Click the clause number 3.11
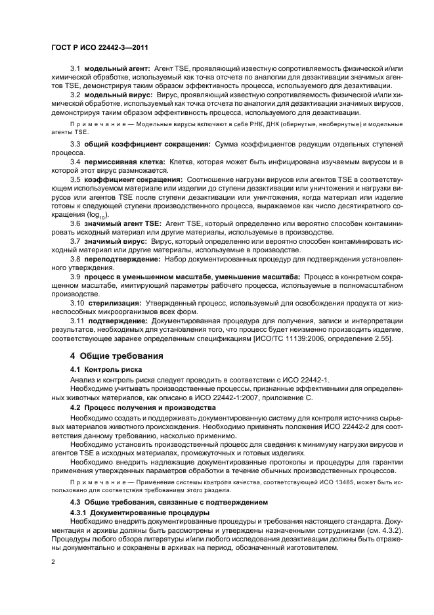pyautogui.click(x=77, y=321)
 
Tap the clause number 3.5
pyautogui.click(x=75, y=179)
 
